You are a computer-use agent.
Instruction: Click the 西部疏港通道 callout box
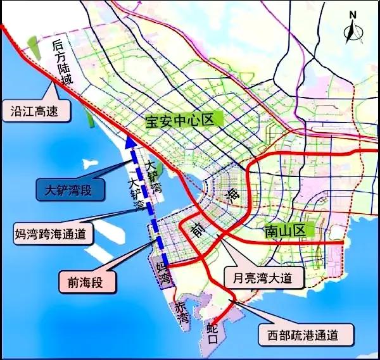[303, 334]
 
